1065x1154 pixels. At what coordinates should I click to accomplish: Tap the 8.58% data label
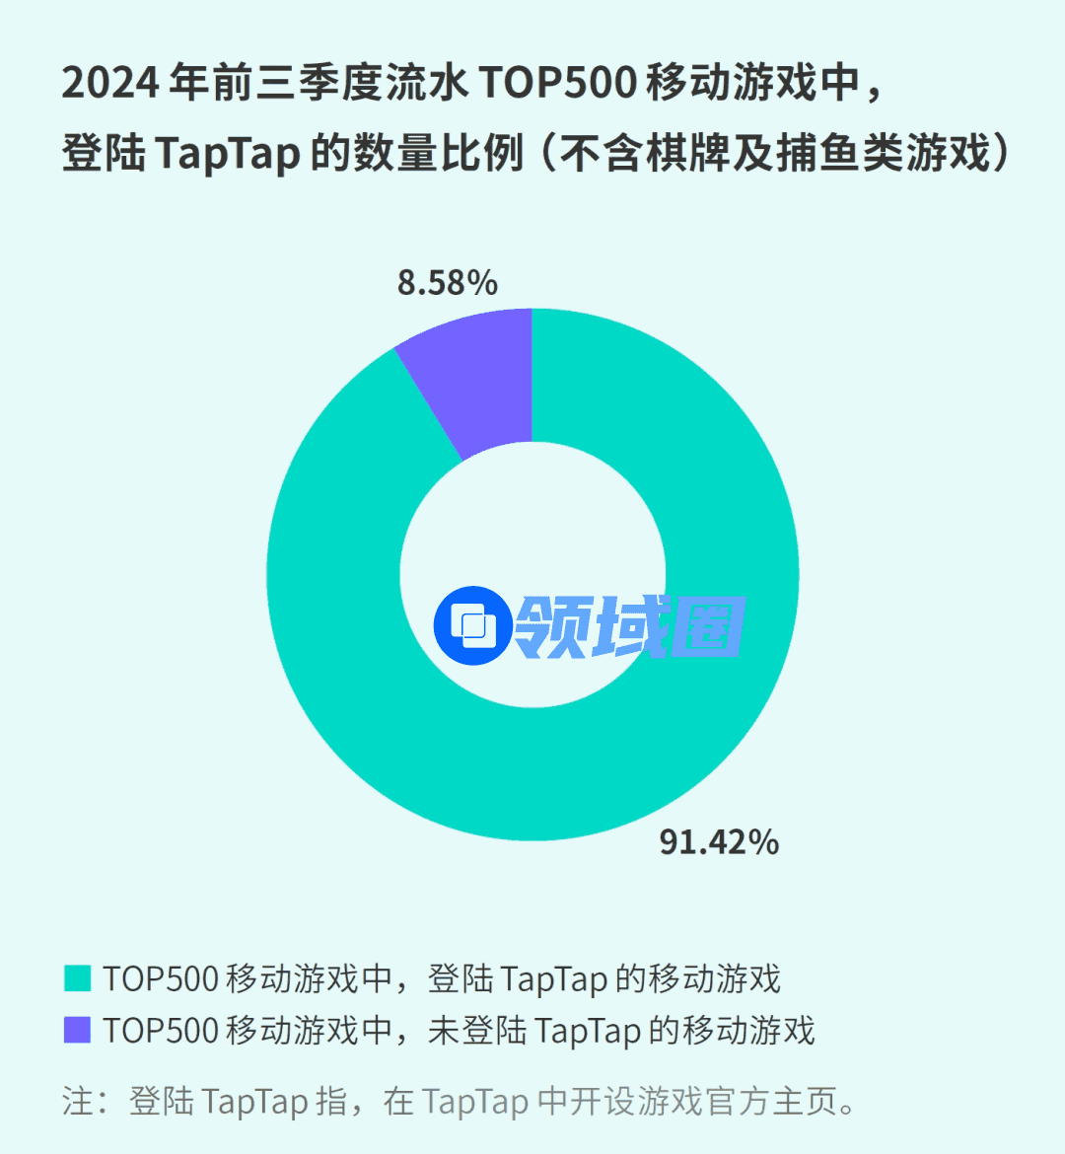447,284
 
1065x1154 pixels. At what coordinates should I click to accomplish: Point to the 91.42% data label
719,842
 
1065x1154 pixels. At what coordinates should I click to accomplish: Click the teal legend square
77,978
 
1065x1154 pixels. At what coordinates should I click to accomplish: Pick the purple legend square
77,1030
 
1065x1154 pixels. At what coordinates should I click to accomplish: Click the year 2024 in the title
109,83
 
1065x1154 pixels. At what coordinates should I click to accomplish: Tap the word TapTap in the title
227,154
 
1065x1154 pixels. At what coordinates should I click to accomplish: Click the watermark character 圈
709,626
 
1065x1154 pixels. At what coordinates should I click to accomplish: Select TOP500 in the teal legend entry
161,978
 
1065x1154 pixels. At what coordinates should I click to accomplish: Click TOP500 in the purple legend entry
161,1030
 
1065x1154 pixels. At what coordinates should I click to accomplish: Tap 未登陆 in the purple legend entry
476,1030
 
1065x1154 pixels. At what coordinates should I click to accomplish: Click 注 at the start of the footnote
77,1101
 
